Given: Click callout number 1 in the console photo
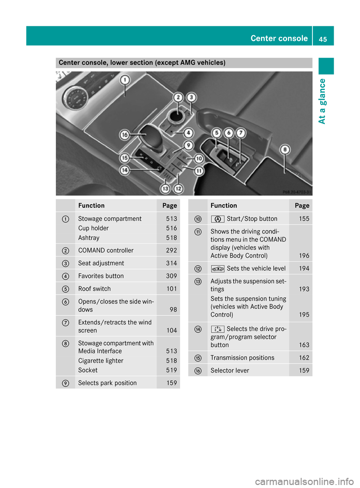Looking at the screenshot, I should click(x=125, y=80).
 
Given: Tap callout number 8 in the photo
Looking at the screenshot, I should click(x=285, y=150).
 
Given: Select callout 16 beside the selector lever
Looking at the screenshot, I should click(x=124, y=135).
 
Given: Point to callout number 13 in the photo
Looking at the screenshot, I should click(x=165, y=189).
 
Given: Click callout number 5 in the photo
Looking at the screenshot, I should click(x=216, y=133).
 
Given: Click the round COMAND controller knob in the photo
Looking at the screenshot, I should click(x=175, y=115).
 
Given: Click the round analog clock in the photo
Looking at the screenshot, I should click(x=75, y=97).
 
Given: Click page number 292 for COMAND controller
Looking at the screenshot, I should click(x=171, y=250).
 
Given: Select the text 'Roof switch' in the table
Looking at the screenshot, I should click(x=94, y=289).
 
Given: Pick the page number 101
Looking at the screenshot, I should click(x=171, y=289).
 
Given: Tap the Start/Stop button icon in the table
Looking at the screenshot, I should click(x=217, y=219).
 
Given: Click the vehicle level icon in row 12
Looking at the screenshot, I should click(x=217, y=268).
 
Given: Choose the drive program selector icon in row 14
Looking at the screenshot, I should click(x=217, y=329).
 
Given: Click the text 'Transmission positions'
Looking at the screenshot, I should click(x=242, y=358).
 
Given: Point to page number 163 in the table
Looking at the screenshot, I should click(x=304, y=345).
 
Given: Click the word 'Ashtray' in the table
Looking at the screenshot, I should click(x=89, y=238).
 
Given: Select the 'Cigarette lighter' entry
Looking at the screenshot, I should click(x=100, y=361).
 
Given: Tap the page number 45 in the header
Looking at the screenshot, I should click(x=323, y=39).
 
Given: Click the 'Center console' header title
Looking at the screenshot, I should click(x=279, y=38).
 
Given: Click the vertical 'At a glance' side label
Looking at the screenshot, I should click(x=322, y=101).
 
